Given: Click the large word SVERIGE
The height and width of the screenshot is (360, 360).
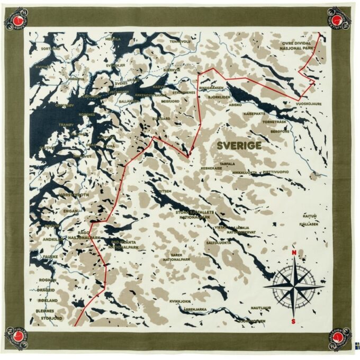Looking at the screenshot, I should tap(239, 145).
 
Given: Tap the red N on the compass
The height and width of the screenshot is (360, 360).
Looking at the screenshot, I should tap(294, 253).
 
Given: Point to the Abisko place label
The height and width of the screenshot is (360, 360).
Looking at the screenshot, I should tap(235, 105).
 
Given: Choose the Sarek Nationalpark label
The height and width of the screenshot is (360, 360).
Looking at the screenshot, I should tap(176, 257).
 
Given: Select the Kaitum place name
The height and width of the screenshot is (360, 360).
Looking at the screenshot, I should tap(310, 216).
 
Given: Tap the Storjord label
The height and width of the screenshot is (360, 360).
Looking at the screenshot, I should tap(51, 318).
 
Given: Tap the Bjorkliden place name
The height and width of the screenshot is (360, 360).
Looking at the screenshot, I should tap(219, 97).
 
